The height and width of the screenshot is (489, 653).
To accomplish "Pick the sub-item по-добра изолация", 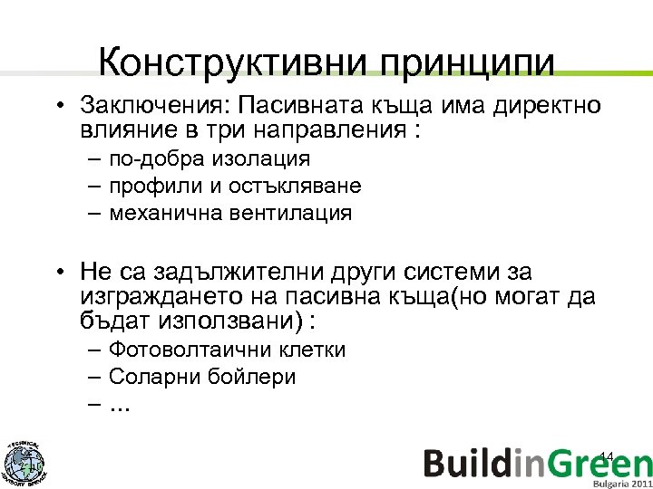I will pos(209,159).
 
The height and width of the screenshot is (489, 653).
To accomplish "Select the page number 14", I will pos(608,455).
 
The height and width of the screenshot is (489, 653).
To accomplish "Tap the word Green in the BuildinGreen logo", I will pos(598,463).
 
